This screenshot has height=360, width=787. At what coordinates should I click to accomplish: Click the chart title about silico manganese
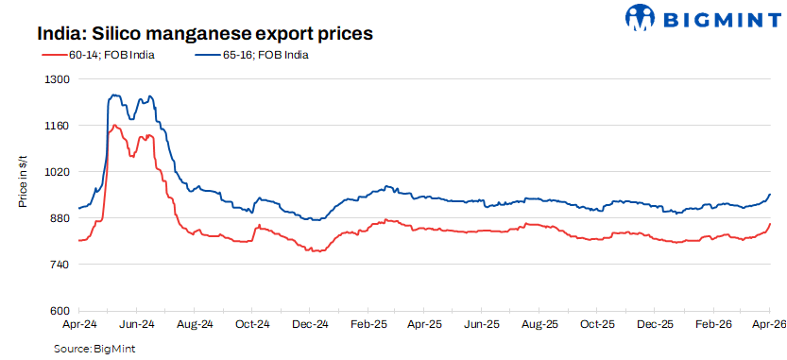click(205, 33)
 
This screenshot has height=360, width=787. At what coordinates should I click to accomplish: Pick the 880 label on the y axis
click(60, 218)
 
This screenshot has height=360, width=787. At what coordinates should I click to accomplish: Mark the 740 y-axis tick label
click(60, 265)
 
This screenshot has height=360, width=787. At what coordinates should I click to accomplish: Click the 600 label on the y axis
click(60, 311)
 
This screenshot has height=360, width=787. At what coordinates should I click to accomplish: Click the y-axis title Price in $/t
click(23, 183)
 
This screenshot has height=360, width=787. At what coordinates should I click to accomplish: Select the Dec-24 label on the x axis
click(310, 324)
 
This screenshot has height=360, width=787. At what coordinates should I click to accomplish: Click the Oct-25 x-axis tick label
click(598, 324)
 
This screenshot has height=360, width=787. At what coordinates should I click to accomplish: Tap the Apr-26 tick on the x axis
click(769, 324)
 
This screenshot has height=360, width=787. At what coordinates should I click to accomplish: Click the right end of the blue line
click(770, 195)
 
